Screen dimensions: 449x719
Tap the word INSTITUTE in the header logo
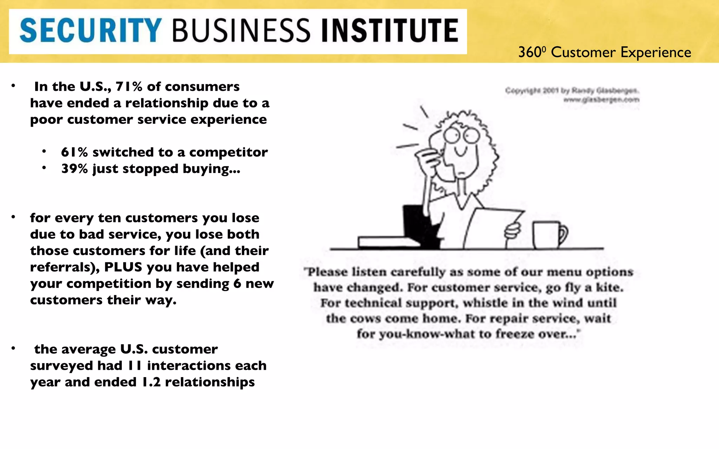[x=390, y=31]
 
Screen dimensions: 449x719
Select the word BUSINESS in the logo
[x=241, y=31]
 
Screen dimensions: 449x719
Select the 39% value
[x=74, y=169]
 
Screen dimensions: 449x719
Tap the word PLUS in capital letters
[x=123, y=267]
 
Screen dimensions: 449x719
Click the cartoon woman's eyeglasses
[x=461, y=135]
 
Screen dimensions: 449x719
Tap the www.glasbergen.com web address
[x=601, y=100]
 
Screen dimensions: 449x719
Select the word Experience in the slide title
[x=655, y=53]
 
